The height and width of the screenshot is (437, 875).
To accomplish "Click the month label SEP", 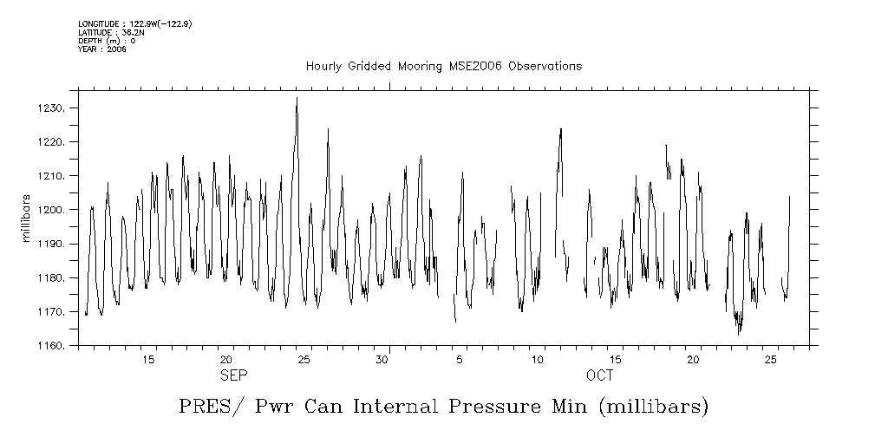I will pyautogui.click(x=233, y=375).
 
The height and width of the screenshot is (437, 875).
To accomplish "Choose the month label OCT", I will pyautogui.click(x=599, y=375).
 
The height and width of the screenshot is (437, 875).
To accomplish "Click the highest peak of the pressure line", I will pyautogui.click(x=297, y=98).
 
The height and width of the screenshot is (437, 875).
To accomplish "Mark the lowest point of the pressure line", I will pyautogui.click(x=739, y=334).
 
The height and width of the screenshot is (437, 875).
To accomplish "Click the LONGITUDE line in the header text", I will pyautogui.click(x=134, y=23).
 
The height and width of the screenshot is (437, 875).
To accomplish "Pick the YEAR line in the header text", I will pyautogui.click(x=102, y=49).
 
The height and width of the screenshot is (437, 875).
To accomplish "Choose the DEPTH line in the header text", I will pyautogui.click(x=107, y=41).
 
